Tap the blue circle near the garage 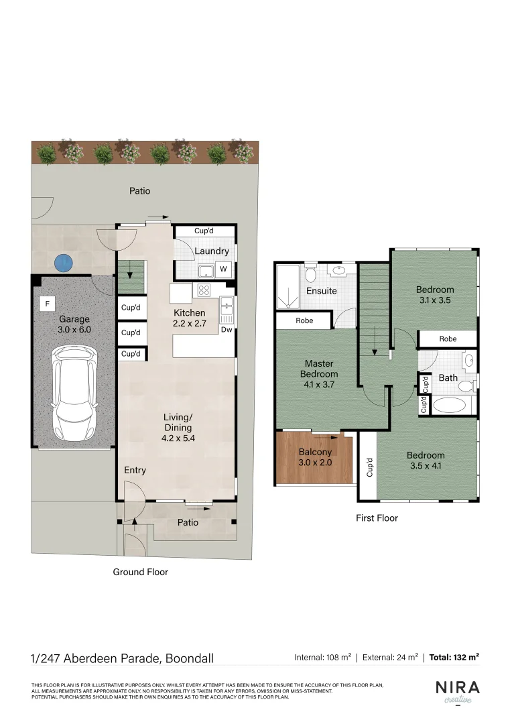63,262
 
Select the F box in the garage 47,304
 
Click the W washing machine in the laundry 223,270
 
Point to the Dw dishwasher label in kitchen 227,330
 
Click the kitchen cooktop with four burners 203,290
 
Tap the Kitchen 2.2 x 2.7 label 190,318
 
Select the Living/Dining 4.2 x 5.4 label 178,428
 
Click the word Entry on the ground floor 135,471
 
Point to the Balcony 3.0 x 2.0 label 314,457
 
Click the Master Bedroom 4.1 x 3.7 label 319,374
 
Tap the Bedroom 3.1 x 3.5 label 435,295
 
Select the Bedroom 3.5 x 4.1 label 426,461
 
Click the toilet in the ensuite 310,275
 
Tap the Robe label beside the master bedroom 304,321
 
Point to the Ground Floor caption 140,572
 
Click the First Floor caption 377,518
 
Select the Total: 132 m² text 454,658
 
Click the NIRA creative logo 457,691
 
